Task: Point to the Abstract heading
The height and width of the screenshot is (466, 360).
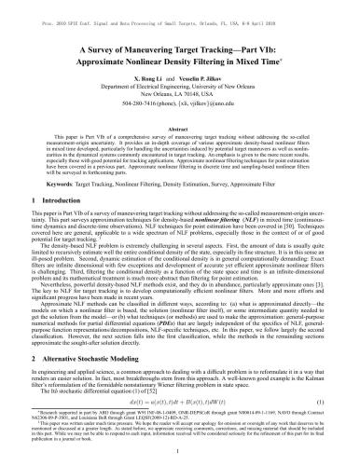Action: pyautogui.click(x=180, y=130)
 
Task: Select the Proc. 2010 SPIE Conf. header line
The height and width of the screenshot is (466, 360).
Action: pyautogui.click(x=180, y=8)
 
